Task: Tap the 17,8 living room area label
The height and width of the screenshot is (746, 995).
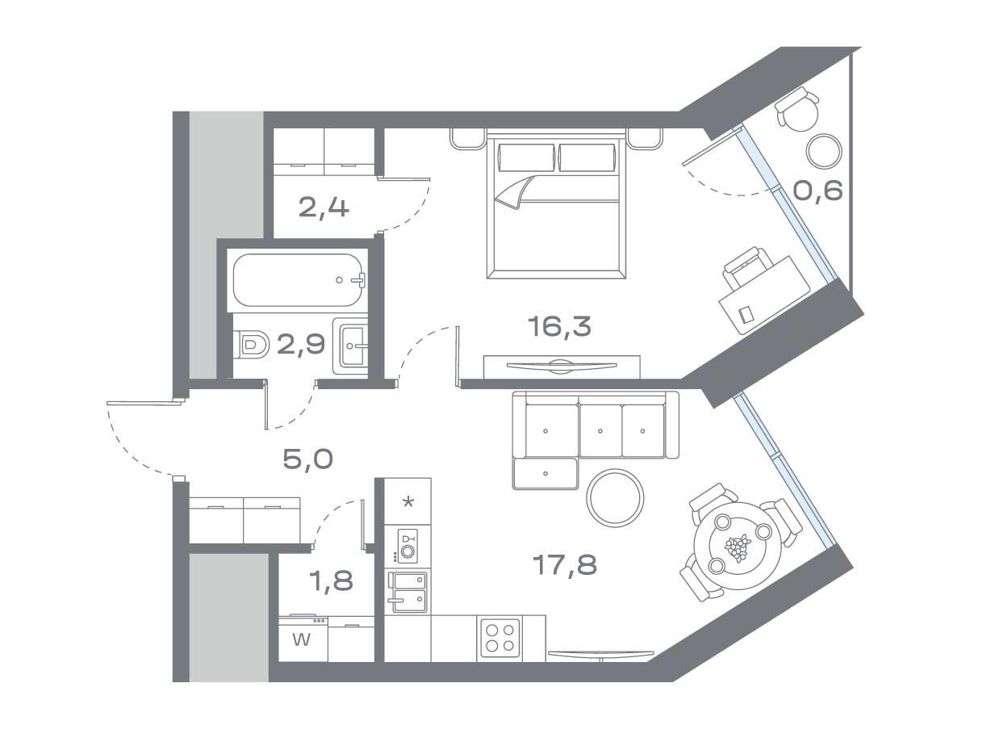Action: [x=564, y=565]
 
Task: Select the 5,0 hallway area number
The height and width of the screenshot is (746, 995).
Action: [x=307, y=460]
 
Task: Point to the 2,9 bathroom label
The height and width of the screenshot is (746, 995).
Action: [x=301, y=345]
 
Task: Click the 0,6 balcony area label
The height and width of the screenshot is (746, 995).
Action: [x=817, y=191]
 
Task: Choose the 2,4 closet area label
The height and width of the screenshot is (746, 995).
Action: [x=324, y=208]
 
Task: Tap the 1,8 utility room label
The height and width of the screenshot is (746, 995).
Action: [x=331, y=581]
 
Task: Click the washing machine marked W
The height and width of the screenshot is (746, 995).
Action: [x=303, y=639]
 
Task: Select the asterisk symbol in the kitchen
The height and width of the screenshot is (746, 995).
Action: [x=408, y=502]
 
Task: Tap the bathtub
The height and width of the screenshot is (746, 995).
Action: [x=299, y=280]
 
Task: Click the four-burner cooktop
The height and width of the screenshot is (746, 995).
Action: [x=500, y=638]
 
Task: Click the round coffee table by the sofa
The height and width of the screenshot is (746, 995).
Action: [x=615, y=497]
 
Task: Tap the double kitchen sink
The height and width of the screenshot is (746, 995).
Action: [x=408, y=593]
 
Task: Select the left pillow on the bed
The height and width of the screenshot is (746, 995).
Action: [x=526, y=157]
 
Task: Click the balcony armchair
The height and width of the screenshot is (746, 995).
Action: [x=797, y=109]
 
